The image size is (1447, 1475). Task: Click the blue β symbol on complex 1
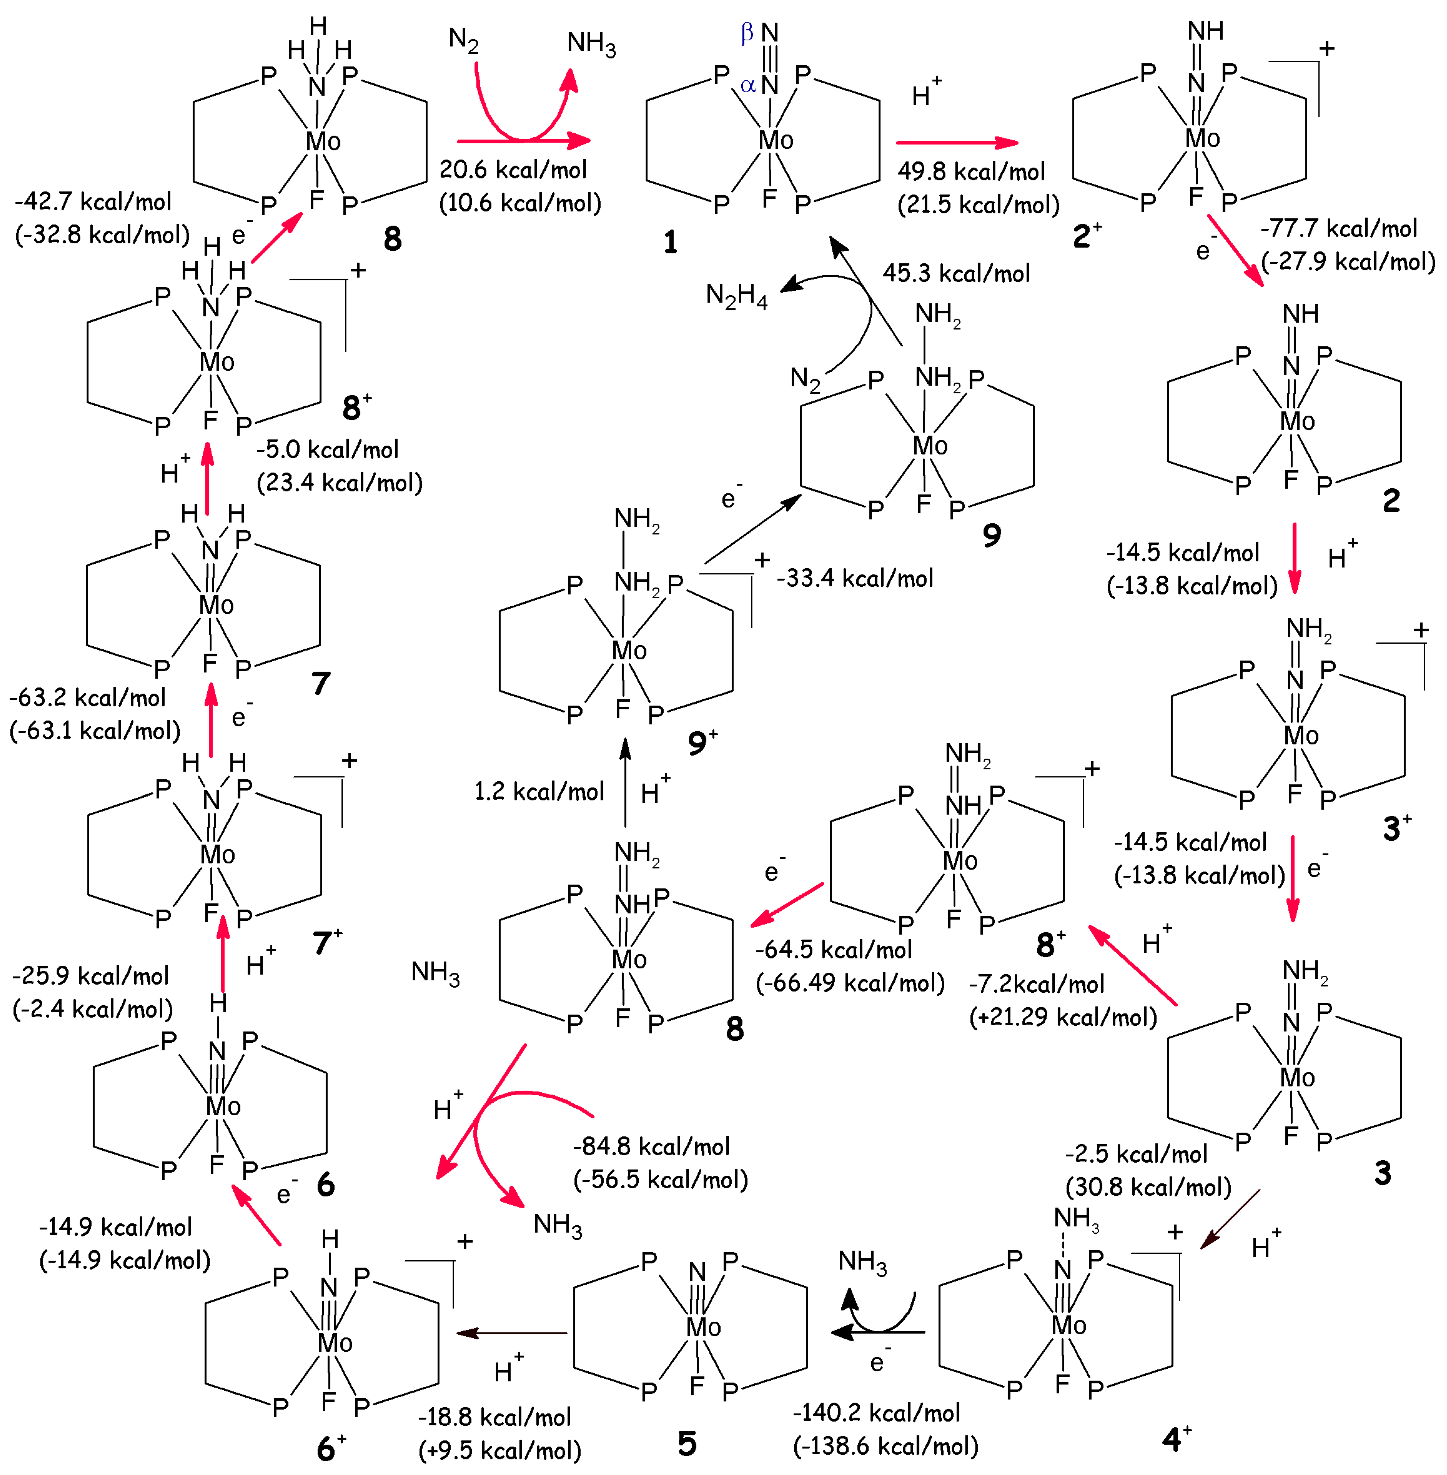coord(747,32)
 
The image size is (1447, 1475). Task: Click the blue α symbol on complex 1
coord(748,85)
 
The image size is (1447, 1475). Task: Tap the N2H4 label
coord(736,295)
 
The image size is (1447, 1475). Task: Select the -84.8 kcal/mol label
coord(651,1146)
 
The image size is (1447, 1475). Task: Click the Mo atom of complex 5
coord(703,1327)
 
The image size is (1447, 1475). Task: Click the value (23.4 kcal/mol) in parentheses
coord(340,483)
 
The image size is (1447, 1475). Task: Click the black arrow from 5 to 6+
coord(511,1333)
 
